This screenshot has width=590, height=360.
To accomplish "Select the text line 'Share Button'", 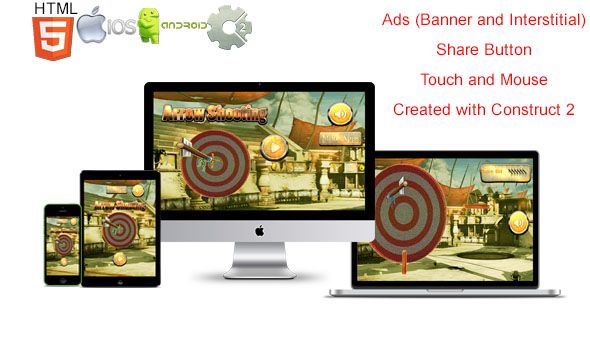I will click(483, 48).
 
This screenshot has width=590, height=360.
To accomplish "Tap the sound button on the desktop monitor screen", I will click(340, 113).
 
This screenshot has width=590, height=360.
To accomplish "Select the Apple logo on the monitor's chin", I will click(259, 230).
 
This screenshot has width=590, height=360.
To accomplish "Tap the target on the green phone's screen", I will click(64, 242).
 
